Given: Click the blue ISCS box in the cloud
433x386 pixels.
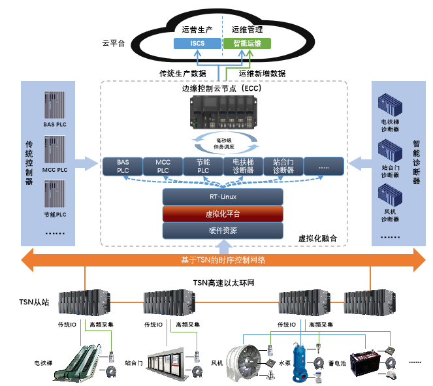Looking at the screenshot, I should coord(197,44).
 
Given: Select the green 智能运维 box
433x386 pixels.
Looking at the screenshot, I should coord(247,44).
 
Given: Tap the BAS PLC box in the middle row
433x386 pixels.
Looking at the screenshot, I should coord(123,166).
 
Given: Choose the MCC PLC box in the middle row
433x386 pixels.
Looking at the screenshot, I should coord(163,166).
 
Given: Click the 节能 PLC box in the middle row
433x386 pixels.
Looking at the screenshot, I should coord(203,166).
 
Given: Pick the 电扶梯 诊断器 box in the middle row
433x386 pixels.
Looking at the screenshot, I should coord(243,166).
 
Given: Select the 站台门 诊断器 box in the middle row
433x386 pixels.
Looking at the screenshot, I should coord(283,166).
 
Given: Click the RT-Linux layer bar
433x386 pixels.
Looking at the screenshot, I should coord(223,197).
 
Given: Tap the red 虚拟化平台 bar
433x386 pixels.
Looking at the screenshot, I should coord(223,214).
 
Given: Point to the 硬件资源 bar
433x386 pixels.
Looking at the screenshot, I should coord(223,231).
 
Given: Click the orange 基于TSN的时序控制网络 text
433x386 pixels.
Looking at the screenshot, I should coord(223,260).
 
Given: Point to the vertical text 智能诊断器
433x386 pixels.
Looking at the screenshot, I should coord(416,163).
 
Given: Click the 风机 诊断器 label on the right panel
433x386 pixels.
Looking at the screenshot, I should coord(390,216).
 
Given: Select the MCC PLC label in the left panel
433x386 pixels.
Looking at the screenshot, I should coord(55,170).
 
